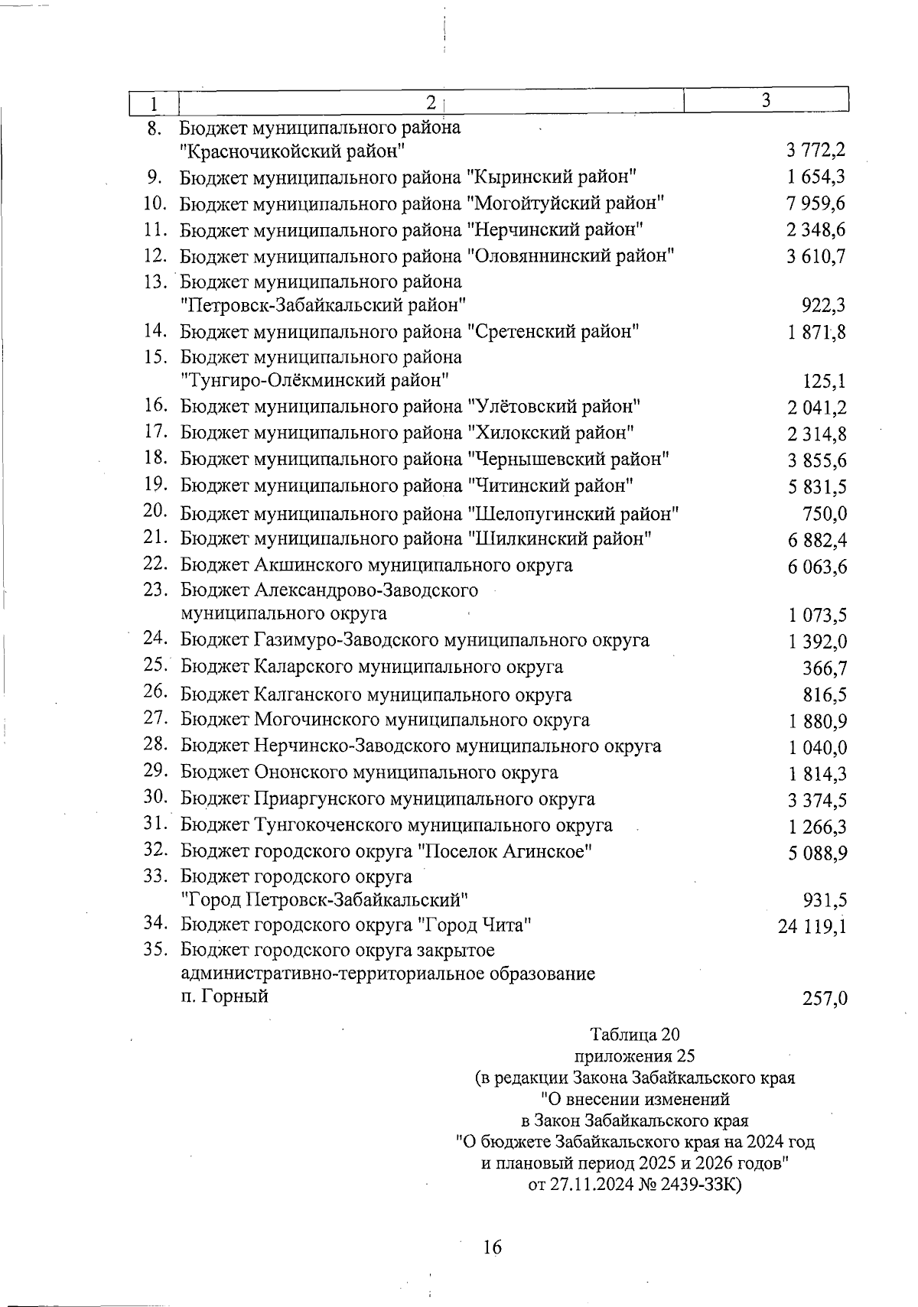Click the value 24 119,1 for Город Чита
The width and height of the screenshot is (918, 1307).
tap(812, 927)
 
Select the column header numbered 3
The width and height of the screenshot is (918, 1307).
tap(765, 100)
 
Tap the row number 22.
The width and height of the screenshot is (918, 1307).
tap(155, 564)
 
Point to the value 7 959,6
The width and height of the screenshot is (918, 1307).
tap(816, 204)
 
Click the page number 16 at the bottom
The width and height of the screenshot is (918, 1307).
tap(492, 1247)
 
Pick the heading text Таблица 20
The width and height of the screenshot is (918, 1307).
tap(634, 1036)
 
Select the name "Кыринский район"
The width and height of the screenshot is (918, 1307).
tap(552, 177)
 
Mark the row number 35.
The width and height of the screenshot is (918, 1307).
tap(155, 950)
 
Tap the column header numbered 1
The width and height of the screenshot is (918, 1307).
tap(154, 102)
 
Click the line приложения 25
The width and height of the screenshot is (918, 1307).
tap(634, 1057)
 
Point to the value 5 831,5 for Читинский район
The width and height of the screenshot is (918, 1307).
tap(816, 487)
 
